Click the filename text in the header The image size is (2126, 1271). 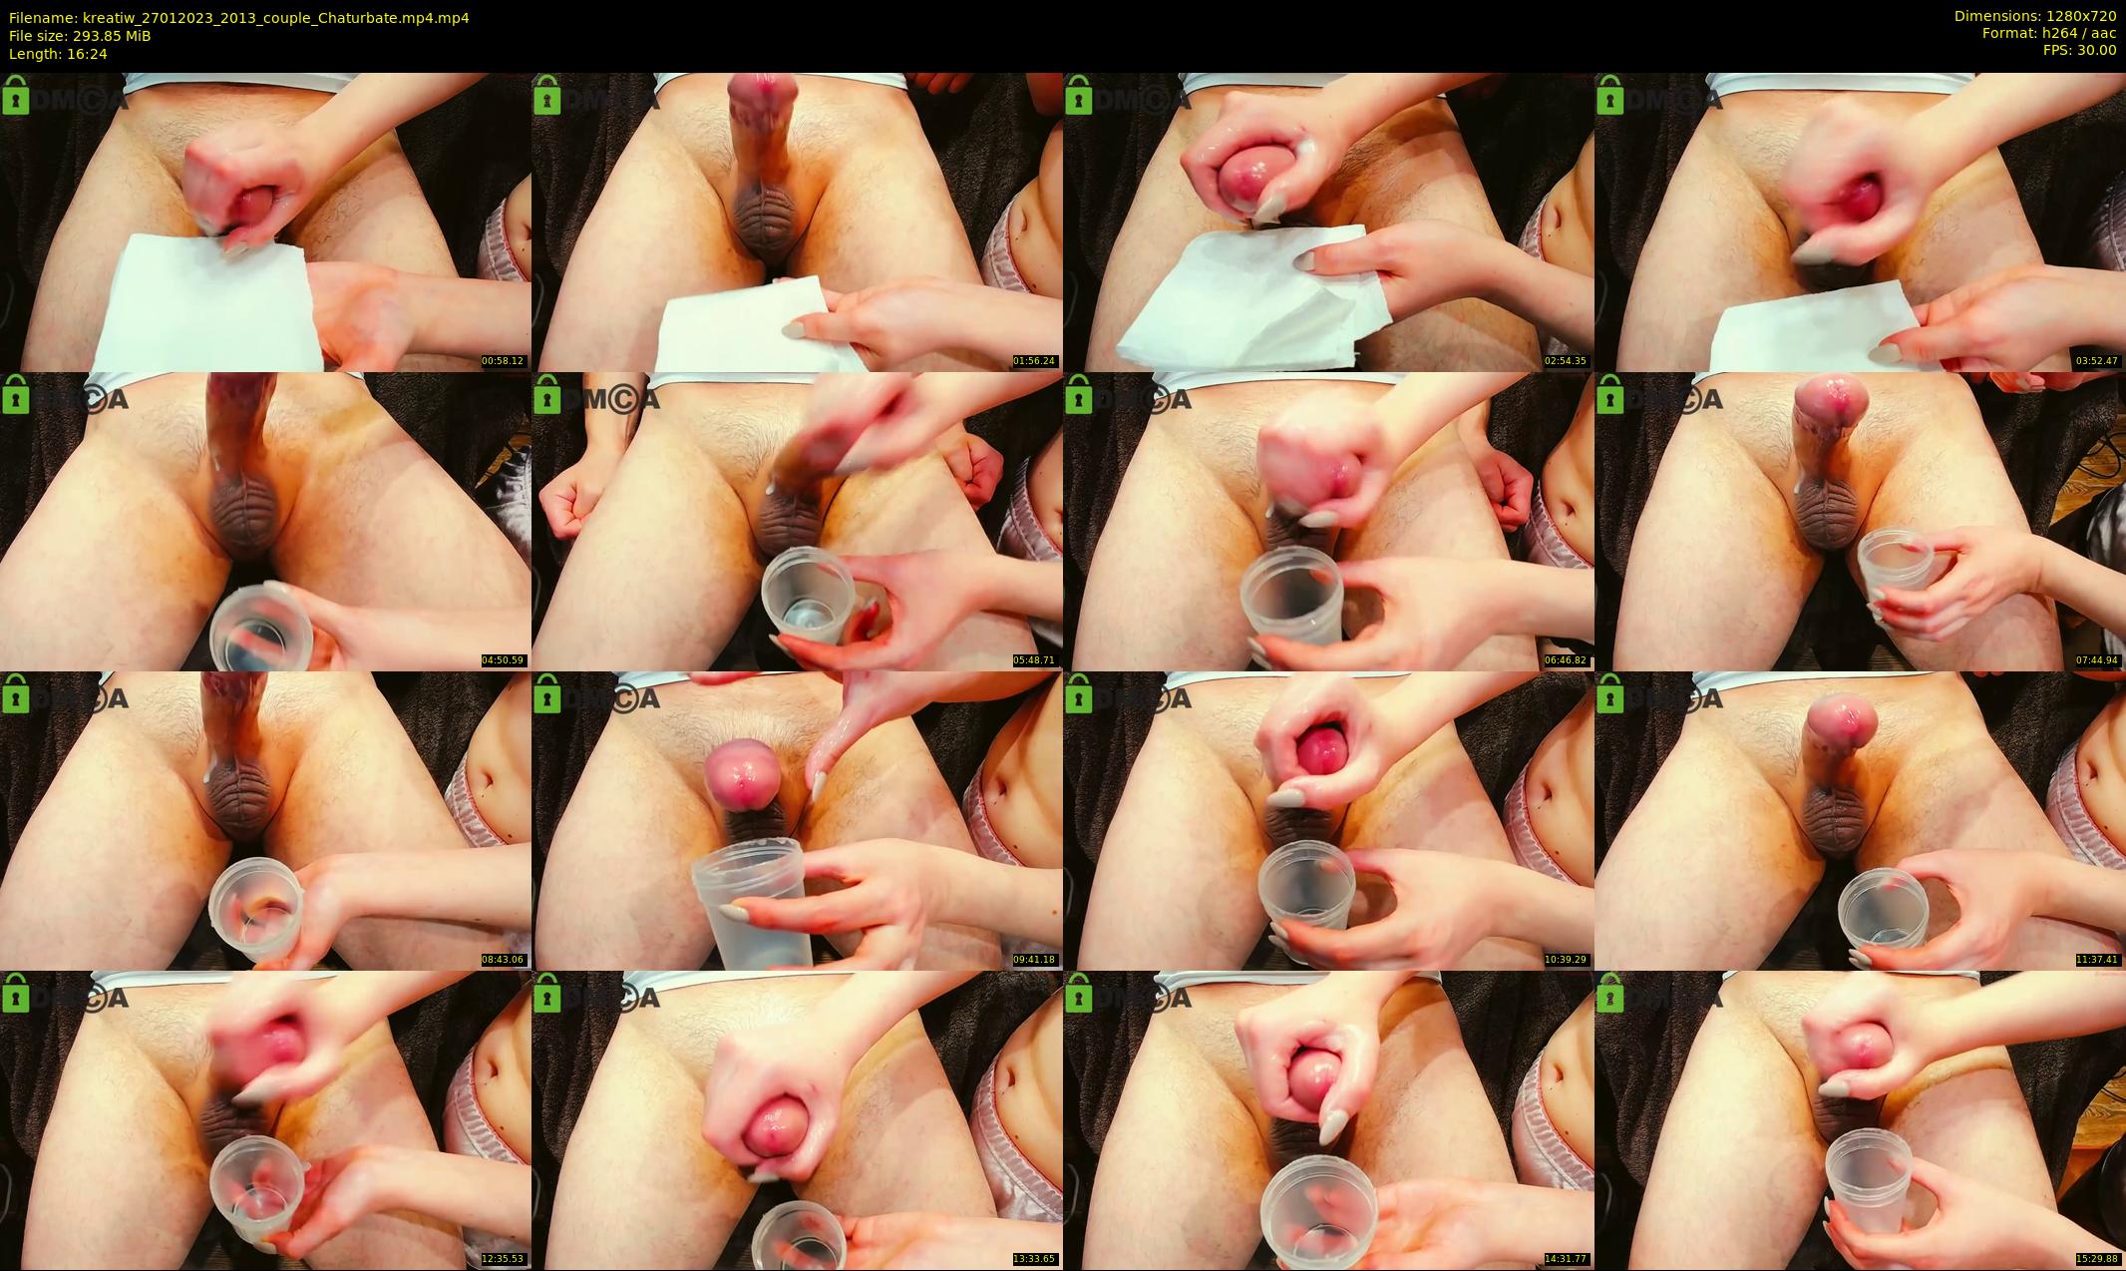(239, 18)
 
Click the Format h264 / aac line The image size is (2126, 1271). (2049, 33)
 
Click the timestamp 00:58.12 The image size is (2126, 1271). (504, 361)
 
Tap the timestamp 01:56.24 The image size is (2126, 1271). (1035, 361)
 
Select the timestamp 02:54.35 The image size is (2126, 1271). (1566, 361)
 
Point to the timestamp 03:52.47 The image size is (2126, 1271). (2097, 361)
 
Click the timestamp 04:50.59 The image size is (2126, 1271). (504, 660)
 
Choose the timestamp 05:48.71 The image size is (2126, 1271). (1035, 660)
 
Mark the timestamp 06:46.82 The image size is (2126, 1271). (1566, 660)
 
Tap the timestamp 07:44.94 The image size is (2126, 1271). (2097, 660)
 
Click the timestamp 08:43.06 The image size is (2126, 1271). (504, 960)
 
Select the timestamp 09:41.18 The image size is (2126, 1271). (1035, 960)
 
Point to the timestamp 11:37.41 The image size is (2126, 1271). (2097, 960)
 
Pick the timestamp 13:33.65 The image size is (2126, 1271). (1035, 1259)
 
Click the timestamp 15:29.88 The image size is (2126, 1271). (2097, 1259)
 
